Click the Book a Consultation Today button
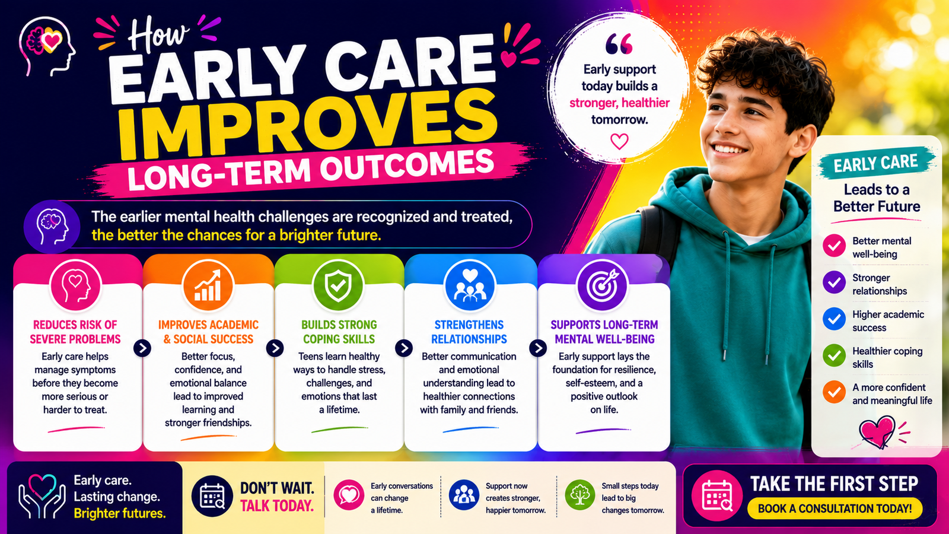[x=835, y=508]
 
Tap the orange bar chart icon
[x=208, y=285]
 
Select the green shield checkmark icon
[x=338, y=285]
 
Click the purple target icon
[x=602, y=285]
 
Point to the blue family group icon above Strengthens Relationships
[x=469, y=285]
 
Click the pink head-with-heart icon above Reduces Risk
[x=75, y=285]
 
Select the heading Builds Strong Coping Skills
[x=339, y=332]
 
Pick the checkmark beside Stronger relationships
[x=834, y=282]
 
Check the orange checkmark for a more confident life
[x=834, y=392]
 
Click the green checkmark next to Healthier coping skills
[x=834, y=355]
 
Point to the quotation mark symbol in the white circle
[x=619, y=44]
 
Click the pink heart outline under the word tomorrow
[x=619, y=142]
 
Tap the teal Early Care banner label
[x=875, y=163]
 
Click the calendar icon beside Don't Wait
[x=212, y=496]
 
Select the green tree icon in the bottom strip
[x=579, y=495]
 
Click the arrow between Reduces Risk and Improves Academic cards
[x=142, y=348]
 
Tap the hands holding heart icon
[x=42, y=496]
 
